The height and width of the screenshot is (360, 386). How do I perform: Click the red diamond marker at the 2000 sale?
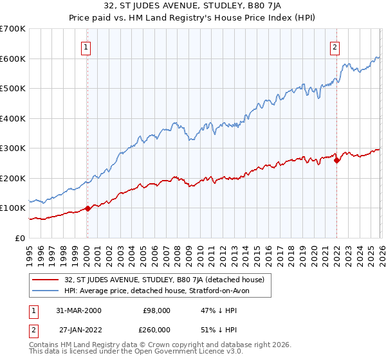(88, 208)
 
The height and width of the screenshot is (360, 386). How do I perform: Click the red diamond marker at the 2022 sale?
(336, 160)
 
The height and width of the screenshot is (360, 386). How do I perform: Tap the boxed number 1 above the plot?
(86, 46)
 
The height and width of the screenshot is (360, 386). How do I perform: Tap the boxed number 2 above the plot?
(335, 46)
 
